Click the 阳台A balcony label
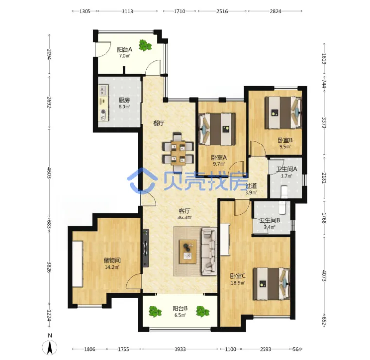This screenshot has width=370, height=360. (124, 49)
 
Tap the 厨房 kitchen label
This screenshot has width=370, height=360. (124, 100)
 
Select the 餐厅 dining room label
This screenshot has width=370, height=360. (159, 123)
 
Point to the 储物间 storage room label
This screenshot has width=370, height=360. (112, 260)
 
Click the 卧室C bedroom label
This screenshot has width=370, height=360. (238, 276)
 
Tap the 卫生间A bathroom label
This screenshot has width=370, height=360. (286, 169)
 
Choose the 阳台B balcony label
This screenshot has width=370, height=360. (180, 308)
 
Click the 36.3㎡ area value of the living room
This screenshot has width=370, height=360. (184, 217)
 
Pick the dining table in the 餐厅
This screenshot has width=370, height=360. (178, 152)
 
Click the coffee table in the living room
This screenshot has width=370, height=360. (188, 252)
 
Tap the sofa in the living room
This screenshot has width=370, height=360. (209, 251)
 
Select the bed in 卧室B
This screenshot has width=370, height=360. (283, 112)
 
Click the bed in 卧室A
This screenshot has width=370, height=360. (217, 129)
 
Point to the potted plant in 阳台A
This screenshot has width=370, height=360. (145, 45)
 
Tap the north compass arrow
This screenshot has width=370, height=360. (50, 348)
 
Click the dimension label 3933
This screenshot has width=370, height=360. (180, 349)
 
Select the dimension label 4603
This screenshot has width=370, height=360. (49, 173)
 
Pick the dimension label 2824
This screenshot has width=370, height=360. (275, 11)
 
